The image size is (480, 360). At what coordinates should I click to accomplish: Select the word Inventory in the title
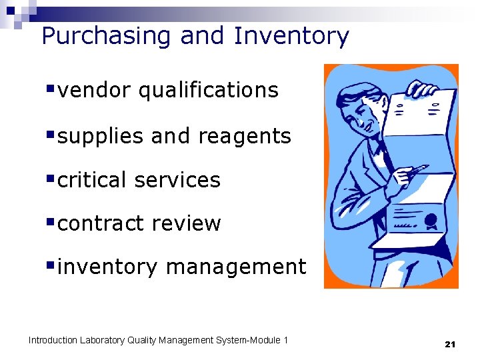(x=291, y=36)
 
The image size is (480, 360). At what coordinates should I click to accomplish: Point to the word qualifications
(x=208, y=90)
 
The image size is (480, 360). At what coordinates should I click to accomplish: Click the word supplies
(x=101, y=136)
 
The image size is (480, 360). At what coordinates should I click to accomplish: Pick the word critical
(x=92, y=180)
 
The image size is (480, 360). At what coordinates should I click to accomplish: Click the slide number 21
(x=449, y=344)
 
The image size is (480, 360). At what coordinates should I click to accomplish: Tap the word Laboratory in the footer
(x=102, y=341)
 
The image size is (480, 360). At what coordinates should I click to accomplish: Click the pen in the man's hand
(x=417, y=171)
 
